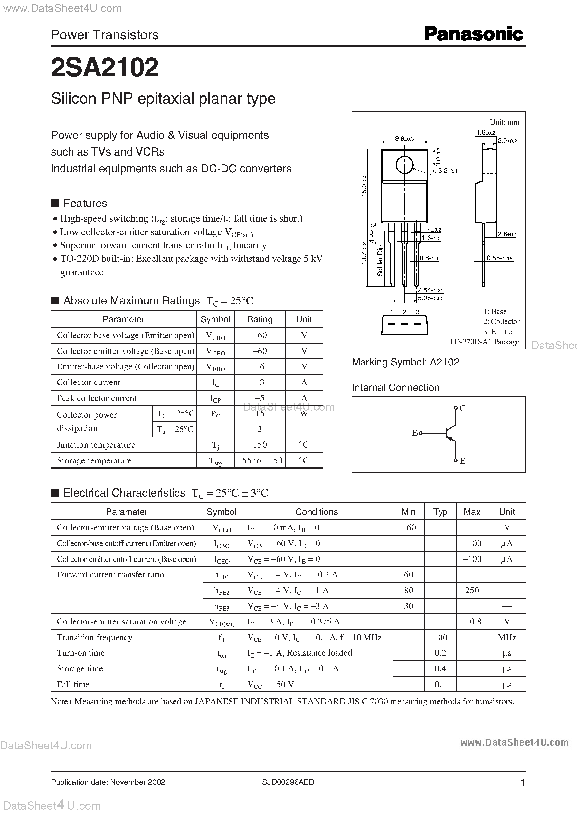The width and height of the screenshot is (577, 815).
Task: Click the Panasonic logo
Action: pyautogui.click(x=473, y=34)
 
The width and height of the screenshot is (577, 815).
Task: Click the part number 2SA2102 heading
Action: pyautogui.click(x=105, y=68)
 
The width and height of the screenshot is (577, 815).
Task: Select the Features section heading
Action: pyautogui.click(x=85, y=203)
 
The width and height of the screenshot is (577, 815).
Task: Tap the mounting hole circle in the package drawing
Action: pyautogui.click(x=404, y=165)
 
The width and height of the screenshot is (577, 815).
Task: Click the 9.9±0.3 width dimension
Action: pyautogui.click(x=404, y=139)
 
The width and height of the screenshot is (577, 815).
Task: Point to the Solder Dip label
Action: pyautogui.click(x=380, y=261)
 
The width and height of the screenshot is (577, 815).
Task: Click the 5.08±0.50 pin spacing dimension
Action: pyautogui.click(x=430, y=298)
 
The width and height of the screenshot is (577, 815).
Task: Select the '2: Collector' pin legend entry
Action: pyautogui.click(x=501, y=321)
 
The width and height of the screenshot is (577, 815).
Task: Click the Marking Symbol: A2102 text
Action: pyautogui.click(x=405, y=362)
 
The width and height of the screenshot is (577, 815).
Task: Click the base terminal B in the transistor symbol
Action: pyautogui.click(x=415, y=433)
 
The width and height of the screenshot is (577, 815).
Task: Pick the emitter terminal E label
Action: pyautogui.click(x=462, y=461)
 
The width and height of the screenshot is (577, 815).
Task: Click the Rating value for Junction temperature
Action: pyautogui.click(x=260, y=445)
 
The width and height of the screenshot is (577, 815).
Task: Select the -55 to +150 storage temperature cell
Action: pyautogui.click(x=260, y=460)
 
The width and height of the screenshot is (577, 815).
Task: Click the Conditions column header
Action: pyautogui.click(x=317, y=512)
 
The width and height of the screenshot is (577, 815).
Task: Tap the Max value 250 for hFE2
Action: pyautogui.click(x=472, y=590)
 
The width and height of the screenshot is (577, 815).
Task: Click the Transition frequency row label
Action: pyautogui.click(x=95, y=637)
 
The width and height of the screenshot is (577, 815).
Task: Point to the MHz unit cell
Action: pyautogui.click(x=507, y=637)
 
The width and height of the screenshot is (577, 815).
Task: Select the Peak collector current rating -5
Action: pyautogui.click(x=260, y=398)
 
